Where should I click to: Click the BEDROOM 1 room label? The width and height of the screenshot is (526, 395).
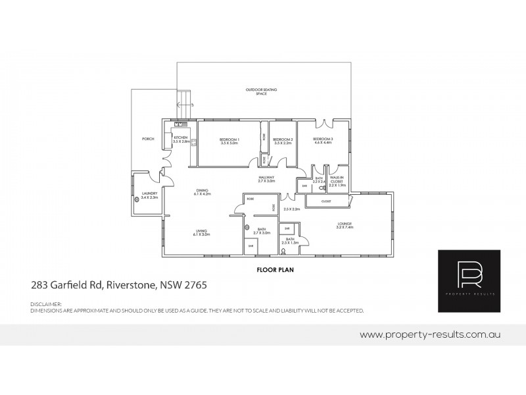coord(229,140)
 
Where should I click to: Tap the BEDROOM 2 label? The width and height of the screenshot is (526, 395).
coord(282,140)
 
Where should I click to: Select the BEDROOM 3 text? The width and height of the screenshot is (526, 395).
coord(323,139)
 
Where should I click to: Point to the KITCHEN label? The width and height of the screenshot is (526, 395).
coord(181,138)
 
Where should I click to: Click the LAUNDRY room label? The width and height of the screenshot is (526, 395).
coord(149,194)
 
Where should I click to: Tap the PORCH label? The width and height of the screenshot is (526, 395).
coord(148,140)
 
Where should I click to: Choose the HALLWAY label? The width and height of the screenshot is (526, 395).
coord(266,176)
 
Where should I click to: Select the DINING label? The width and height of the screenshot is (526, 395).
coord(201,190)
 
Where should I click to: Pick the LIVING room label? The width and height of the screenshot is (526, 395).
coord(201,230)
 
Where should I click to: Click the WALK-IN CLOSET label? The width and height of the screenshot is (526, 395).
coord(337,179)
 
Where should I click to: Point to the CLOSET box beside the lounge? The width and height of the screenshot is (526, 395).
coord(326,200)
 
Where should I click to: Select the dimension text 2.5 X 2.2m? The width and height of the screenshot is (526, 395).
coord(291,209)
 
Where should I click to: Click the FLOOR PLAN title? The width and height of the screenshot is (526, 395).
coord(270,270)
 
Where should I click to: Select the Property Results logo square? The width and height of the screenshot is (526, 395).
coord(471,281)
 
